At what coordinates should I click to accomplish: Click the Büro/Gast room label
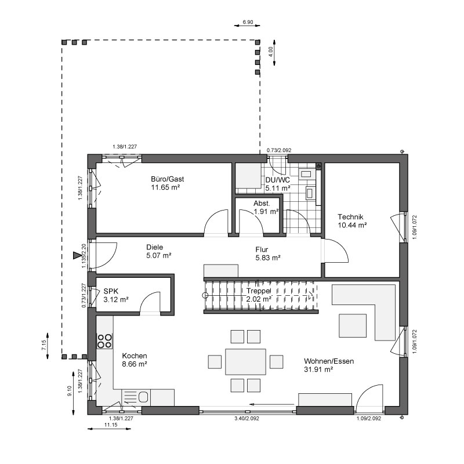pos(167,179)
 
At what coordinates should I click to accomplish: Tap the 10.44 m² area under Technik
pos(352,225)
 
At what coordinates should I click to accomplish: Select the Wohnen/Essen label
pos(329,361)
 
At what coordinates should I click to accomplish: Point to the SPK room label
pos(111,291)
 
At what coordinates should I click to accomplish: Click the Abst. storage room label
pos(262,204)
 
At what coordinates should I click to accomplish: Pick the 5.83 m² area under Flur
pos(268,258)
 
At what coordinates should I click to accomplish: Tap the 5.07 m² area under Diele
pos(158,255)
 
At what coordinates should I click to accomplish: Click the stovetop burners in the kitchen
pos(105,340)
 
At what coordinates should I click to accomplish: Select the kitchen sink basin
pos(143,397)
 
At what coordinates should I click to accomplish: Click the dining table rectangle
pos(245,361)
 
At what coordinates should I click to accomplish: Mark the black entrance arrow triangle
pos(77,255)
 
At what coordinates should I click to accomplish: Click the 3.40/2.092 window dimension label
pos(246,418)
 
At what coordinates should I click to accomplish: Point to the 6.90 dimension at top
pos(248,22)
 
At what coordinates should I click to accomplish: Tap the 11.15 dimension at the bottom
pos(111,425)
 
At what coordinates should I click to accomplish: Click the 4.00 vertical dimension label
pos(270,52)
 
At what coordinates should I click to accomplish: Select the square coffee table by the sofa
pos(353,326)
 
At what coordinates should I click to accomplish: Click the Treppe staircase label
pos(259,291)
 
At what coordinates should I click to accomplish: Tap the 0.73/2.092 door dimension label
pos(279,150)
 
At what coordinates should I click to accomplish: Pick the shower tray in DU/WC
pos(248,175)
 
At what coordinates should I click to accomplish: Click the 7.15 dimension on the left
pos(44,345)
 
